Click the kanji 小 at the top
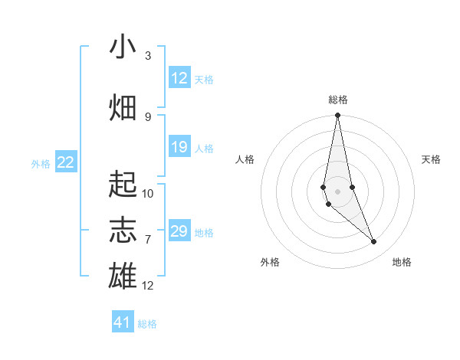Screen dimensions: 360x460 pyautogui.click(x=123, y=47)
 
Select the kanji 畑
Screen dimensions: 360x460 pyautogui.click(x=123, y=107)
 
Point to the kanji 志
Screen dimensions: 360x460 pyautogui.click(x=123, y=230)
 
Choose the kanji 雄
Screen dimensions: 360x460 pyautogui.click(x=123, y=275)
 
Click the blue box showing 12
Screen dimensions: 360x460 pyautogui.click(x=179, y=78)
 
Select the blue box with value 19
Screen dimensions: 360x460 pyautogui.click(x=179, y=147)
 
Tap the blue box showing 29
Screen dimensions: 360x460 pyautogui.click(x=179, y=231)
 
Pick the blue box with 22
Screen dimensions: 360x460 pyautogui.click(x=66, y=162)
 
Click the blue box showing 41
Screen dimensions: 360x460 pyautogui.click(x=123, y=322)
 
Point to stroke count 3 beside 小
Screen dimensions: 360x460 pyautogui.click(x=148, y=56)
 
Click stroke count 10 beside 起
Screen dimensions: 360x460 pyautogui.click(x=148, y=193)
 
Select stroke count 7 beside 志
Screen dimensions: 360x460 pyautogui.click(x=148, y=239)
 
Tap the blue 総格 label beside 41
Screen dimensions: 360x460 pyautogui.click(x=147, y=324)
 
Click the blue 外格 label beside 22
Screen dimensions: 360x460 pyautogui.click(x=41, y=163)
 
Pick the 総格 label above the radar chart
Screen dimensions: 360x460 pyautogui.click(x=337, y=100)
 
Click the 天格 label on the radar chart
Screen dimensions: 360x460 pyautogui.click(x=432, y=159)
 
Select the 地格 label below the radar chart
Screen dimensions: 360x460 pyautogui.click(x=402, y=262)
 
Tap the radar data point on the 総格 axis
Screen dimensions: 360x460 pyautogui.click(x=337, y=116)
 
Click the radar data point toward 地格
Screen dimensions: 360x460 pyautogui.click(x=374, y=242)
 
